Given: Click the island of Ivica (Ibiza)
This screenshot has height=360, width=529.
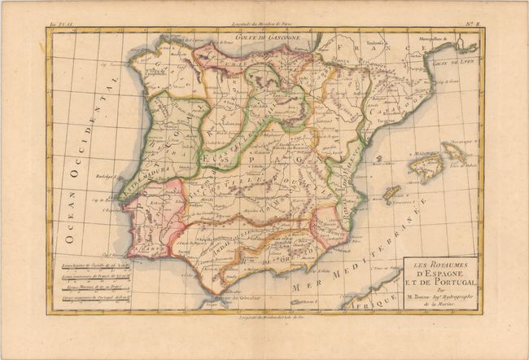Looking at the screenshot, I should tap(391, 192).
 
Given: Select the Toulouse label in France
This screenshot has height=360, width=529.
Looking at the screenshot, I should tap(352, 40).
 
